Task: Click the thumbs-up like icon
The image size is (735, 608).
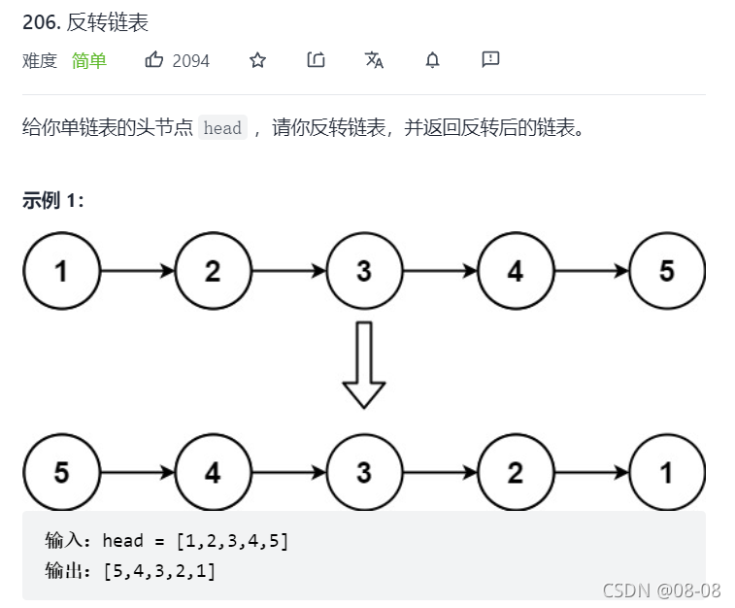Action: click(154, 60)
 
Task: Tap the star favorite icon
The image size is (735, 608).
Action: click(257, 60)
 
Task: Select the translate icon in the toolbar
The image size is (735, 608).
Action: click(374, 60)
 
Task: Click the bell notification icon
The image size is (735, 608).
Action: click(432, 60)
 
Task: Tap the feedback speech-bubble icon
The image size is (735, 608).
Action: click(490, 60)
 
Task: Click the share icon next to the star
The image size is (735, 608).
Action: click(316, 60)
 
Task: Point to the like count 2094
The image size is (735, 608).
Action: click(191, 61)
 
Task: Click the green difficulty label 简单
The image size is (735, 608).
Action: click(89, 61)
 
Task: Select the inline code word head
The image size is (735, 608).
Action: click(222, 128)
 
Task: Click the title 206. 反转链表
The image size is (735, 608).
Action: click(85, 22)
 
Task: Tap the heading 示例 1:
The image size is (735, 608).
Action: click(53, 201)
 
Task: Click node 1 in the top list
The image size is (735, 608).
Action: click(61, 271)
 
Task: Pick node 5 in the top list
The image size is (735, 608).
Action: click(667, 271)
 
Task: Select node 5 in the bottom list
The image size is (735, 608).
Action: click(61, 473)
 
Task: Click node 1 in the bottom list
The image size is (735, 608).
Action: click(667, 473)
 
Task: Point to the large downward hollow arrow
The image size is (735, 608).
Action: click(364, 364)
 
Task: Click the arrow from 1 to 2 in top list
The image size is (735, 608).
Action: click(137, 272)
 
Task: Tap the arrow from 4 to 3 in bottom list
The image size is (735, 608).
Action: click(288, 474)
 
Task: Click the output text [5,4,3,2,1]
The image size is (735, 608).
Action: click(159, 571)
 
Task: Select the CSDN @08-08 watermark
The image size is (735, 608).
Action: click(661, 591)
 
